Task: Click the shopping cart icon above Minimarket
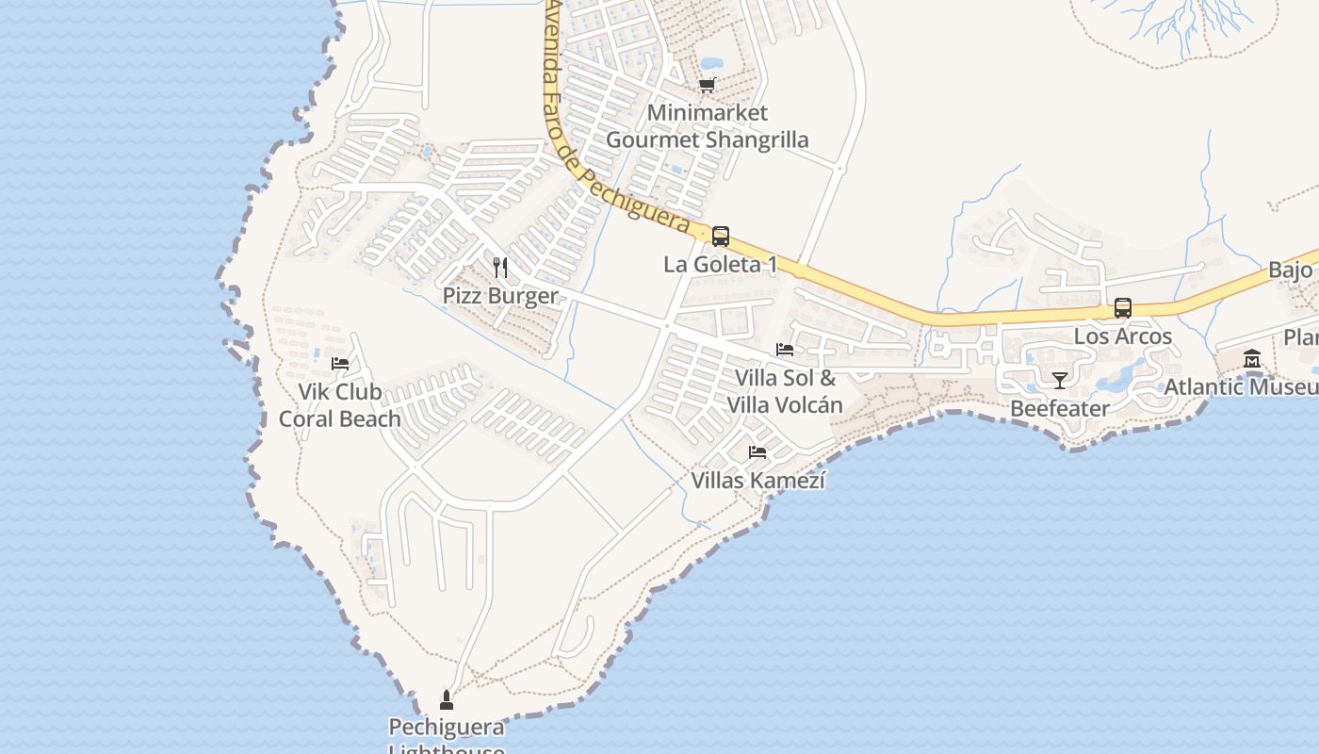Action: point(708,85)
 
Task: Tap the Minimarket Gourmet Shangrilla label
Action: point(707,126)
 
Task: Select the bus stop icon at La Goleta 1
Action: point(721,237)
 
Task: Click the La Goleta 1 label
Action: point(721,264)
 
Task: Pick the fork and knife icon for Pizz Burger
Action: point(500,268)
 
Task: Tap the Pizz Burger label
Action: point(500,296)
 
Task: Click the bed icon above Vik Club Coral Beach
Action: point(340,364)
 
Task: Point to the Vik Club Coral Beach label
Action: point(340,405)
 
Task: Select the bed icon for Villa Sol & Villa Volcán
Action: point(785,350)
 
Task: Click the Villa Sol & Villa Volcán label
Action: point(785,391)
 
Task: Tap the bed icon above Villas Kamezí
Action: point(757,452)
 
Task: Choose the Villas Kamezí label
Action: point(757,481)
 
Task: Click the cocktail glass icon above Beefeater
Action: point(1060,381)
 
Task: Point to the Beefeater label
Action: point(1060,408)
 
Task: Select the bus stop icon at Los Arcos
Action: point(1123,308)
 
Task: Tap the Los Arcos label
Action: point(1123,336)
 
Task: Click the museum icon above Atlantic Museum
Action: point(1252,359)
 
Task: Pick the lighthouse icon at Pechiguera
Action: point(447,699)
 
